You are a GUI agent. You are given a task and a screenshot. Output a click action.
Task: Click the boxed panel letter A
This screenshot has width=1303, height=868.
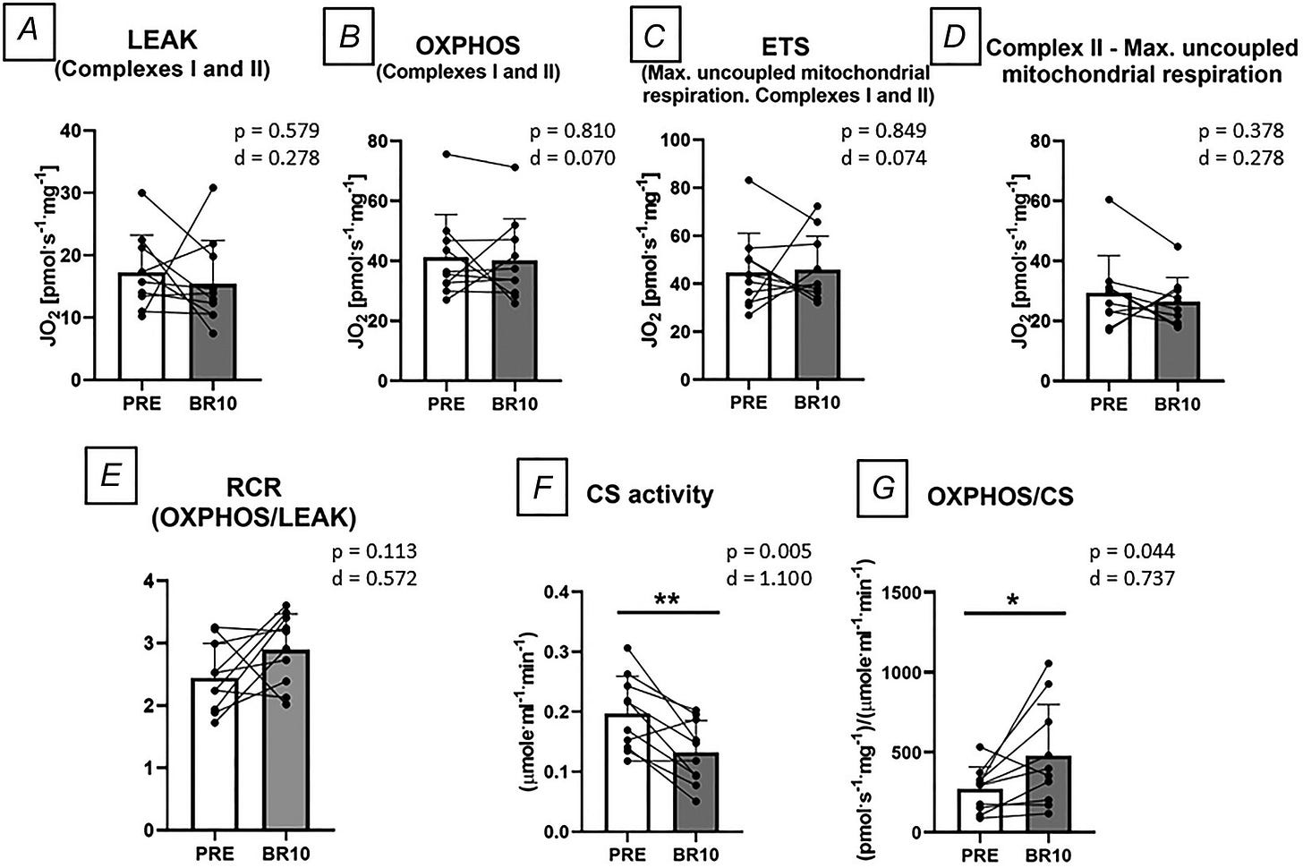(x=29, y=31)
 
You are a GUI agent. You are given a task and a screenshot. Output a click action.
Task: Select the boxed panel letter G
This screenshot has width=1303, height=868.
(x=883, y=488)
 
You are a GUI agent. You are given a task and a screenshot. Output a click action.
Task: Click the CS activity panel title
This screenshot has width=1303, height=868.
(x=649, y=495)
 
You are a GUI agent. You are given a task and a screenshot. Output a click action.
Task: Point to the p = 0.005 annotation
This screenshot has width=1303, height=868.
(x=769, y=551)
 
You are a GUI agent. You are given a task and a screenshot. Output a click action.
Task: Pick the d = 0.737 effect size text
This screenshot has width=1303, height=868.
(x=1132, y=578)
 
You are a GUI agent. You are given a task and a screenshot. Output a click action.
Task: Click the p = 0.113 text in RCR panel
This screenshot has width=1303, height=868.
(x=375, y=551)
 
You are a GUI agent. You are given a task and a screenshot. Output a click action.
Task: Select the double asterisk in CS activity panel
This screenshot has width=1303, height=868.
(x=667, y=600)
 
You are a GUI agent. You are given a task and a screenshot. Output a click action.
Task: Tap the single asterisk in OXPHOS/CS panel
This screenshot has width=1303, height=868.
(x=1013, y=601)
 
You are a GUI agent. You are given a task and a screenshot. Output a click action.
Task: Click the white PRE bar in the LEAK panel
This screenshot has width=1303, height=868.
(x=142, y=326)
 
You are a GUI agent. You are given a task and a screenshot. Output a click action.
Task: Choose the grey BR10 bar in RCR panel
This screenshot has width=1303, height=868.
(x=285, y=740)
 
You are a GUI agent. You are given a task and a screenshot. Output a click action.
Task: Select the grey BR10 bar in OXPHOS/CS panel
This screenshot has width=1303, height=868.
(x=1048, y=794)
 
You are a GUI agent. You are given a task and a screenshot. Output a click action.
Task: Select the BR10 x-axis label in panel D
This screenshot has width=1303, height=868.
(x=1178, y=404)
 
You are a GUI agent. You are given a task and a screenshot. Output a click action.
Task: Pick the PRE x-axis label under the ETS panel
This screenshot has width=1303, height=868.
(x=749, y=403)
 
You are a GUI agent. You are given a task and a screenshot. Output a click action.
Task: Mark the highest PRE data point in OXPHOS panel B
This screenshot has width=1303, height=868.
(x=447, y=154)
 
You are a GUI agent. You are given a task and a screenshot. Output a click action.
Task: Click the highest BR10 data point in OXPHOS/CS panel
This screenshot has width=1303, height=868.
(x=1048, y=663)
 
